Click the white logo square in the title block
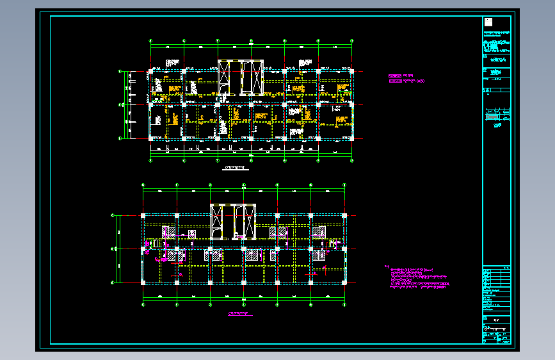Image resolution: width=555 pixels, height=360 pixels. [488, 22]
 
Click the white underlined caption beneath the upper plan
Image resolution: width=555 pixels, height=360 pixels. [235, 168]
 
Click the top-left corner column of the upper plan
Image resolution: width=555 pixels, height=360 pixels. [150, 71]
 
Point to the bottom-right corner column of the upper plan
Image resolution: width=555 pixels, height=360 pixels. [351, 138]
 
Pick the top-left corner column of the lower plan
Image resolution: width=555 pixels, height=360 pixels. [143, 216]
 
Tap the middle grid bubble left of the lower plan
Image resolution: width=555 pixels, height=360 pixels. [113, 249]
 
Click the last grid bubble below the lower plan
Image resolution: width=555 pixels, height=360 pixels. [344, 305]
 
